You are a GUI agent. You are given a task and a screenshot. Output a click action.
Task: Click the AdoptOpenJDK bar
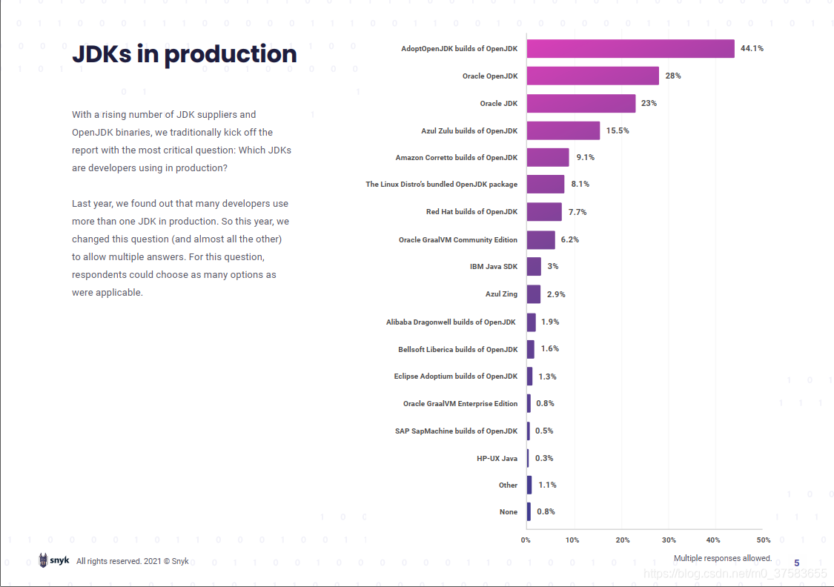click(x=630, y=49)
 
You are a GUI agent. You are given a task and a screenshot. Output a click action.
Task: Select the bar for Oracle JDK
click(x=581, y=103)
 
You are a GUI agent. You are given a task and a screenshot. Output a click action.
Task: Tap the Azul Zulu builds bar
click(x=563, y=130)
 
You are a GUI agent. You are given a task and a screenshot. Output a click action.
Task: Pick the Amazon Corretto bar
click(x=548, y=157)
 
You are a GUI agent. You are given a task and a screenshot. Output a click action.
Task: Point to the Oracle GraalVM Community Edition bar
click(x=540, y=239)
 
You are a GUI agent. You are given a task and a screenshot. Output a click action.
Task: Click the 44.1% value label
click(x=752, y=49)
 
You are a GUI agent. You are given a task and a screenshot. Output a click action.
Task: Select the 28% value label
click(x=673, y=76)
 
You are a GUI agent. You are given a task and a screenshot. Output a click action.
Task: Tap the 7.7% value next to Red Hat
click(x=577, y=212)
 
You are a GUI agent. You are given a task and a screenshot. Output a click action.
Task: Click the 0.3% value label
click(x=544, y=458)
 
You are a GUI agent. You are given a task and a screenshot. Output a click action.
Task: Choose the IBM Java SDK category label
click(x=493, y=266)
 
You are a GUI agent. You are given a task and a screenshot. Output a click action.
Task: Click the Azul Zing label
click(x=501, y=294)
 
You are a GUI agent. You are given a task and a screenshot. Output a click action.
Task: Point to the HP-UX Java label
click(x=497, y=458)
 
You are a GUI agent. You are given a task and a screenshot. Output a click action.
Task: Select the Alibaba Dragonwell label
click(x=451, y=322)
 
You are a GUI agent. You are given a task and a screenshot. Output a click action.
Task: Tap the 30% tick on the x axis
click(x=669, y=540)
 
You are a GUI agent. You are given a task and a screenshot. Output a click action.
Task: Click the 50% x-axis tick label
click(x=764, y=540)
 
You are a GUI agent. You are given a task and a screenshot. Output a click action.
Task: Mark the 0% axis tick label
click(x=526, y=540)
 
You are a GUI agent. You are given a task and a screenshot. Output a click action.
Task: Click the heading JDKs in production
click(x=184, y=54)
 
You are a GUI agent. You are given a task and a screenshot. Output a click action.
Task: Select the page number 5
click(x=797, y=563)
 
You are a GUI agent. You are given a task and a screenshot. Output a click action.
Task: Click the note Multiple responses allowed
click(x=722, y=558)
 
